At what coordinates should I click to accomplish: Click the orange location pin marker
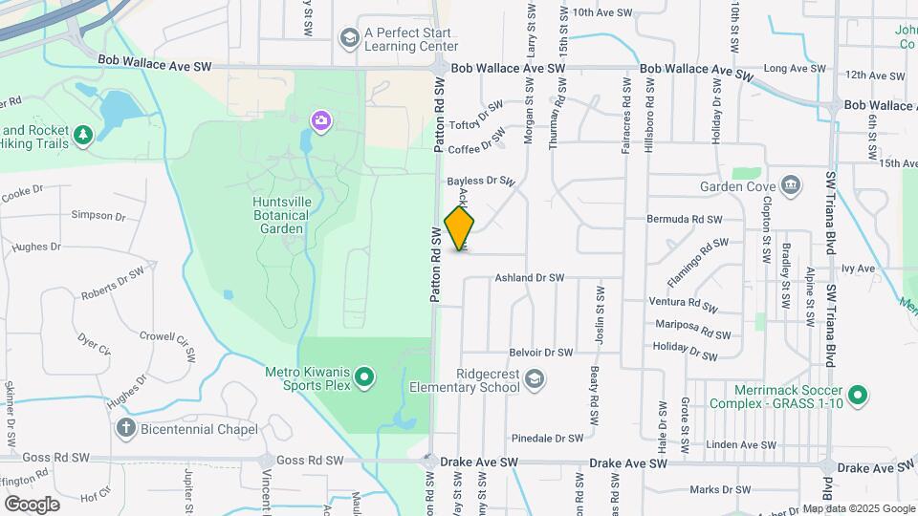pyautogui.click(x=460, y=227)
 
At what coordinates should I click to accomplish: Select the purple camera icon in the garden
pyautogui.click(x=320, y=120)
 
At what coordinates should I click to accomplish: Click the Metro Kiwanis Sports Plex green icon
pyautogui.click(x=363, y=379)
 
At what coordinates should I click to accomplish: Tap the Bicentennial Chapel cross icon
pyautogui.click(x=125, y=427)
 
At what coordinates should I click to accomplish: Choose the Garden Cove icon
pyautogui.click(x=791, y=185)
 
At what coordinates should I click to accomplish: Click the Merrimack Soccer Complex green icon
pyautogui.click(x=858, y=394)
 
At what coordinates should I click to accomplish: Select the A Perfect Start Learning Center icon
pyautogui.click(x=348, y=37)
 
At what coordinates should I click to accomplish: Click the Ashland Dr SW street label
pyautogui.click(x=529, y=278)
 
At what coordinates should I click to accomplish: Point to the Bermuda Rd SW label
pyautogui.click(x=683, y=220)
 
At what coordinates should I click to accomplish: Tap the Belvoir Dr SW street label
pyautogui.click(x=542, y=353)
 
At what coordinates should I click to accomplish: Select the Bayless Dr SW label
pyautogui.click(x=481, y=180)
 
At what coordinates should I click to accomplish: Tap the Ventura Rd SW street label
pyautogui.click(x=683, y=304)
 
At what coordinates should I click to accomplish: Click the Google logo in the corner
pyautogui.click(x=32, y=503)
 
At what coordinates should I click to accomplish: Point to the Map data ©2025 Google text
pyautogui.click(x=859, y=508)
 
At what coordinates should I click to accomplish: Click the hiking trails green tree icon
pyautogui.click(x=84, y=137)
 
